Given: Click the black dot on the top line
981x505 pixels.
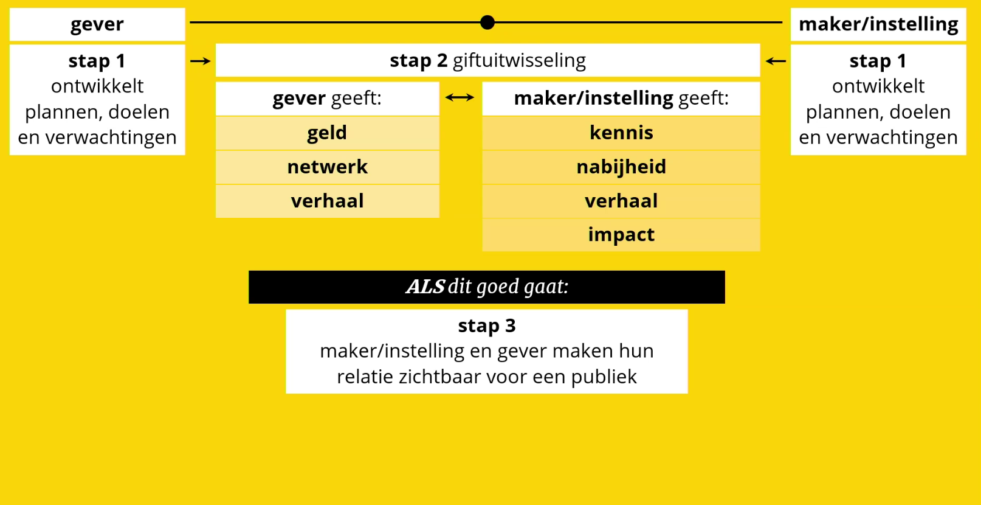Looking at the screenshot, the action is (x=487, y=23).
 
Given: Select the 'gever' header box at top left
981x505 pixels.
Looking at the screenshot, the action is (x=97, y=24).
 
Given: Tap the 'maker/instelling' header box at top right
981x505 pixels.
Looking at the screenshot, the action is (x=878, y=24).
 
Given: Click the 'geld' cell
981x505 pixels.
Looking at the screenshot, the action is (x=327, y=133).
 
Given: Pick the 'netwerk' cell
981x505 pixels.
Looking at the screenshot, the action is (x=327, y=167).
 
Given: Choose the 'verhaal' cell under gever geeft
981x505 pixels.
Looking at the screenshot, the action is (x=327, y=201).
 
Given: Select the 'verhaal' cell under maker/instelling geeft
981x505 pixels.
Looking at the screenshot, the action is (x=621, y=201).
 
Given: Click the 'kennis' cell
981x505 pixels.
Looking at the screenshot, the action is (x=621, y=133).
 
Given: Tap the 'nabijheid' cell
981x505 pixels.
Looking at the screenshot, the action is (x=621, y=167).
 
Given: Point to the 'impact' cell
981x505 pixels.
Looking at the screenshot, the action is (x=621, y=235).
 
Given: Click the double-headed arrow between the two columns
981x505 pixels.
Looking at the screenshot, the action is (x=460, y=97).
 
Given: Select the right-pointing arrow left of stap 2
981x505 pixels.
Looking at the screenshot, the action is (x=201, y=61).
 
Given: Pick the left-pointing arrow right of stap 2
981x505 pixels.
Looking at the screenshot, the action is (x=776, y=61).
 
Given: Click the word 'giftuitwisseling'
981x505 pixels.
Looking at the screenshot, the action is (x=519, y=60).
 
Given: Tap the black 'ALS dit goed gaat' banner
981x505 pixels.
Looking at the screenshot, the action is (x=487, y=287).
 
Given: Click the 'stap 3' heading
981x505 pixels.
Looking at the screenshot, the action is (x=487, y=326).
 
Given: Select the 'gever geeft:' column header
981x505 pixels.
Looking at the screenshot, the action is (x=327, y=98).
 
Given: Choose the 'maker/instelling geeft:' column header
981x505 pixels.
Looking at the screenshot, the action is (x=621, y=98).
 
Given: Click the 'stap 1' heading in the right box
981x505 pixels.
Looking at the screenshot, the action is (x=878, y=61).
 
